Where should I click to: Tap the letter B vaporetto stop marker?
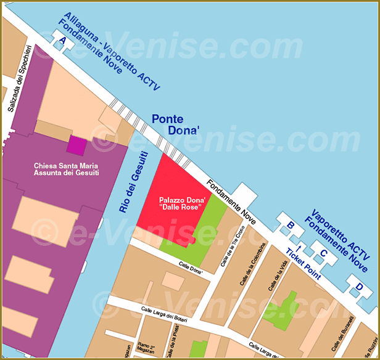[290, 226]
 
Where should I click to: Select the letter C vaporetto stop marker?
[323, 252]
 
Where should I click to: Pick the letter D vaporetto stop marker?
[358, 286]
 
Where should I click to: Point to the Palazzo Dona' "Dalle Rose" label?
[181, 204]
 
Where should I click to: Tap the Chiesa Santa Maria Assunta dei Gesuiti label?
[66, 170]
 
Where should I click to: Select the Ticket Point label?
[303, 264]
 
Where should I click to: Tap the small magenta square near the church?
[76, 145]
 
